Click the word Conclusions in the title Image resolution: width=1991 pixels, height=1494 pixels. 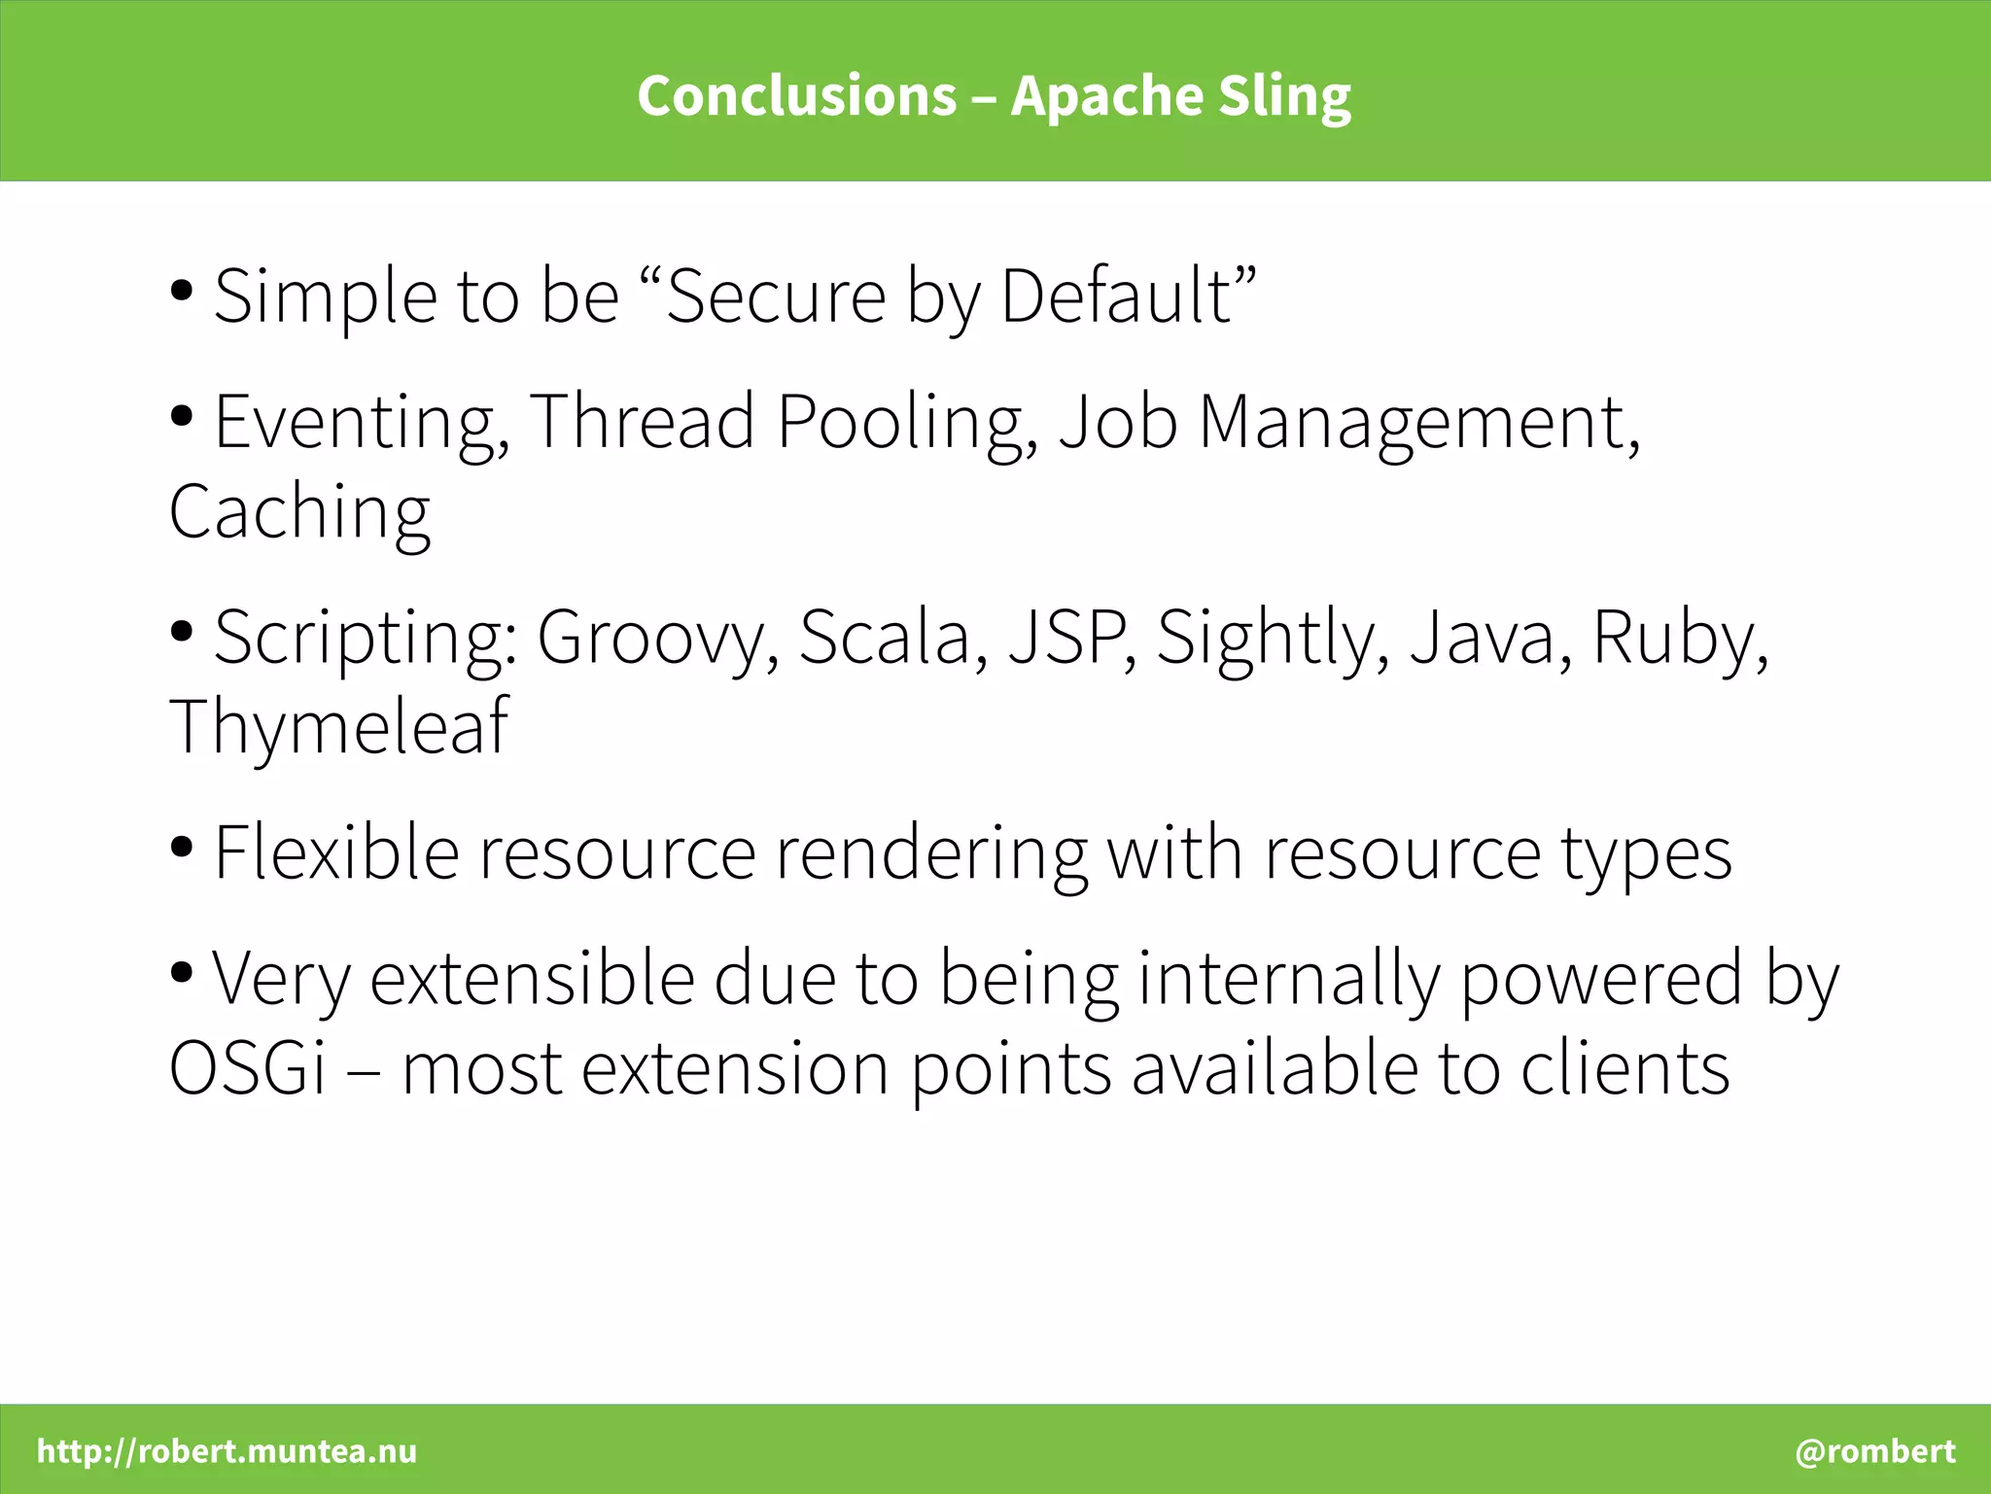click(796, 96)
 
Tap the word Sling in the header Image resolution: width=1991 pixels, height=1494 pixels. click(1284, 96)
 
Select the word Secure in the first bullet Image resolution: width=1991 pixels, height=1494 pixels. click(776, 296)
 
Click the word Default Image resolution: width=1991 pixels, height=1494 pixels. click(1115, 296)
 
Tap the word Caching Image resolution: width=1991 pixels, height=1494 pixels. click(299, 512)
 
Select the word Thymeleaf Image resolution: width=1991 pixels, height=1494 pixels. click(338, 727)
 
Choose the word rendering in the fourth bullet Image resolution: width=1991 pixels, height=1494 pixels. click(930, 853)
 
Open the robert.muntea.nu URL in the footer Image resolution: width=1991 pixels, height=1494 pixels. click(227, 1451)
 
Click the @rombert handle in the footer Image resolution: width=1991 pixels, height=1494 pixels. click(1874, 1451)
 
